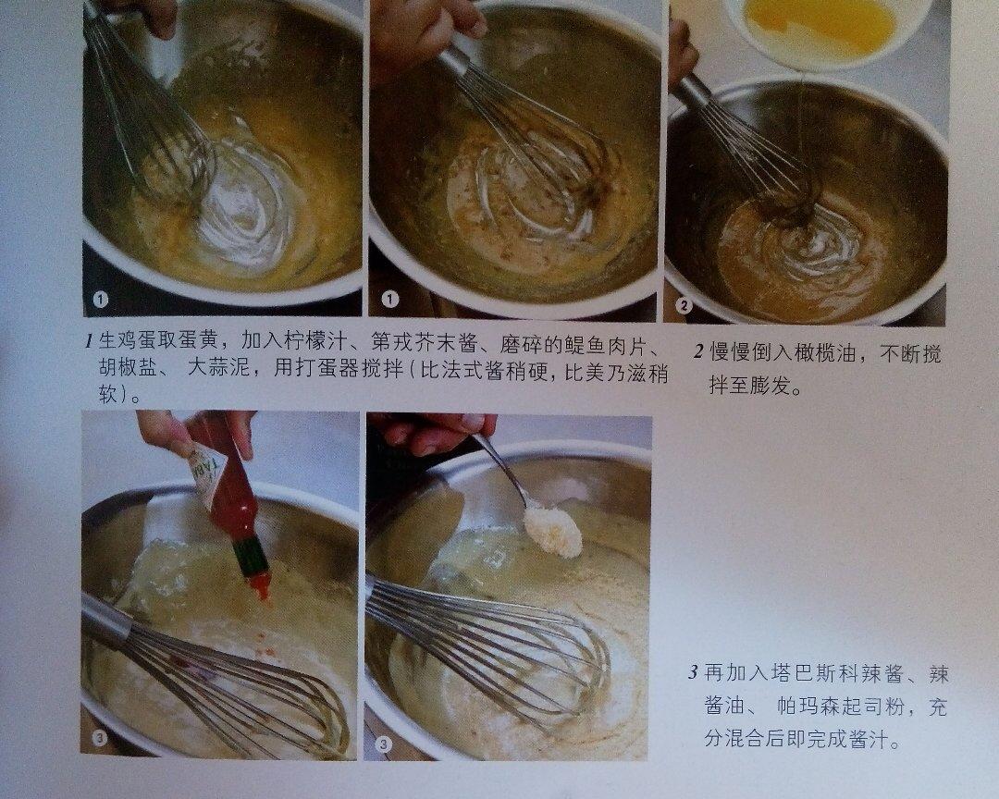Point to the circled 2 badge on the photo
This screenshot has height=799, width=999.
point(684,306)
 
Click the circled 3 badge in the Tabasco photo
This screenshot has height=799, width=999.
point(100,738)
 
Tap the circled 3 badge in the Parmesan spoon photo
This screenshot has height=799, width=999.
point(383,744)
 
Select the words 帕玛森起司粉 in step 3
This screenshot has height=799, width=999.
point(841,707)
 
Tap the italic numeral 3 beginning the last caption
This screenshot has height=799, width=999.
point(693,674)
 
